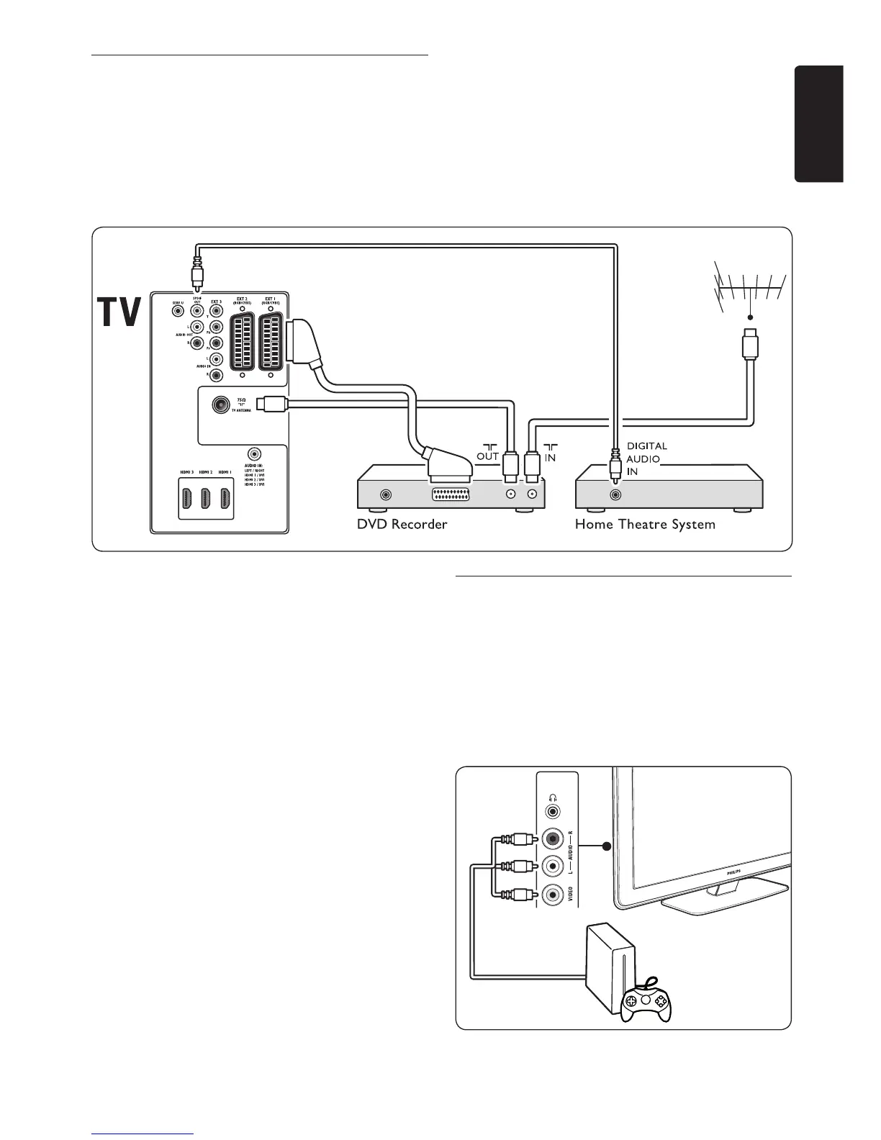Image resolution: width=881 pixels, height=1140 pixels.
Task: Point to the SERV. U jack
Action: pyautogui.click(x=177, y=311)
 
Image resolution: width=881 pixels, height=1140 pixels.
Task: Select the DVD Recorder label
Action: pyautogui.click(x=402, y=524)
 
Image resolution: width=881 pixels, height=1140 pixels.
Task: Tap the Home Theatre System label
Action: pyautogui.click(x=645, y=524)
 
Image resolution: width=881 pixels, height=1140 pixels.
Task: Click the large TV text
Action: pyautogui.click(x=117, y=312)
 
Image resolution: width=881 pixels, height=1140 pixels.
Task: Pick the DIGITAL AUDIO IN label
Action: pyautogui.click(x=646, y=458)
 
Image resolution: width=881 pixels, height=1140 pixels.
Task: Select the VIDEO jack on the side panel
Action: pyautogui.click(x=552, y=895)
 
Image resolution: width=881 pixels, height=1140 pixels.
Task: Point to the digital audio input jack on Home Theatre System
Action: pyautogui.click(x=615, y=495)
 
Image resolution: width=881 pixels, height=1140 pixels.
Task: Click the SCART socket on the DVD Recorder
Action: pyautogui.click(x=451, y=495)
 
